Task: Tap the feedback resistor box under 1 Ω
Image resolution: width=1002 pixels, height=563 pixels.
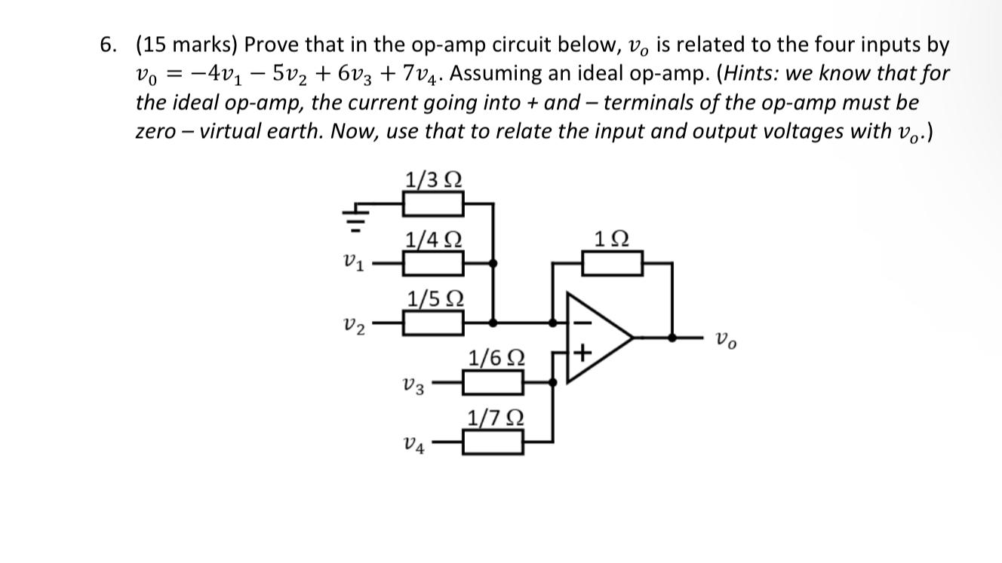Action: pos(613,263)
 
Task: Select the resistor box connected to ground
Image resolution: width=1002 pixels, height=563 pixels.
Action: pos(433,203)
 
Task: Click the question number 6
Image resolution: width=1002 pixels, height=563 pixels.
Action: pos(109,45)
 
